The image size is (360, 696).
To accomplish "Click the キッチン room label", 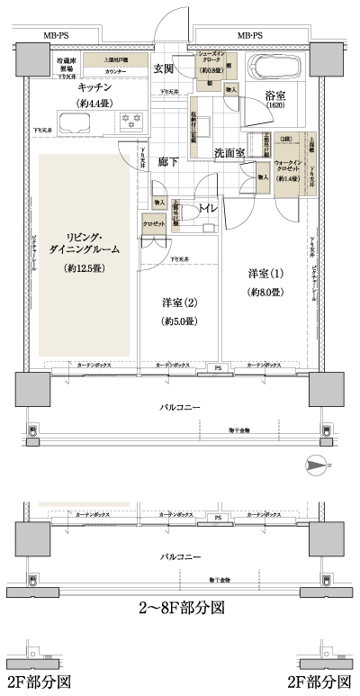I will (x=94, y=87).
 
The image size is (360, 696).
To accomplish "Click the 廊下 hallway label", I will (x=167, y=162).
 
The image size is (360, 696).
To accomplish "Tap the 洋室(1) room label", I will (x=266, y=273).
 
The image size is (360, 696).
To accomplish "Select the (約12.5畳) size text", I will (x=80, y=268).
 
